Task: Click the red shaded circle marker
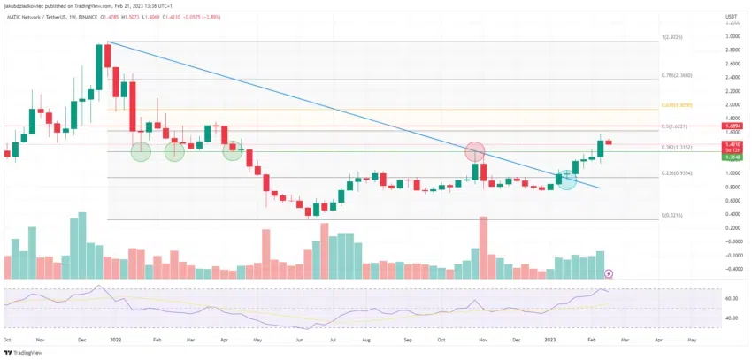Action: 476,152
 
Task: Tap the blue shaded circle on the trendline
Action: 566,180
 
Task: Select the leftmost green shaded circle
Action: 142,151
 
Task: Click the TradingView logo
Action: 21,350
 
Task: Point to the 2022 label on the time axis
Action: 115,339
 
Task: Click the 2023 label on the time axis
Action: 550,339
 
